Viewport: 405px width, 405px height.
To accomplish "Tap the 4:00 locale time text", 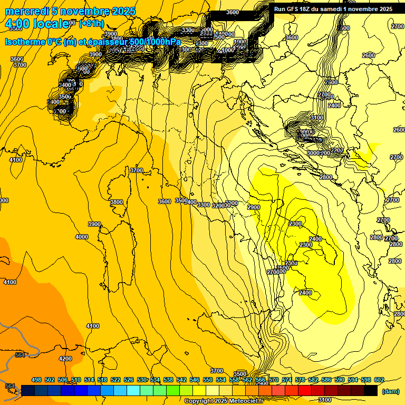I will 36,24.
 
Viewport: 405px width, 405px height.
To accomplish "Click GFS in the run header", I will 294,9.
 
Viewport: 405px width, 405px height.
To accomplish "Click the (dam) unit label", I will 390,391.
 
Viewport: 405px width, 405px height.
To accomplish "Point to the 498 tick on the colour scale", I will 36,380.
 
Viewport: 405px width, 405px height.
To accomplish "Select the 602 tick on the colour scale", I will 379,380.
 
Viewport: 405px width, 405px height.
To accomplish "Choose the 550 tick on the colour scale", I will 208,380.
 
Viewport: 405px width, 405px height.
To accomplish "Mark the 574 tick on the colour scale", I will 287,380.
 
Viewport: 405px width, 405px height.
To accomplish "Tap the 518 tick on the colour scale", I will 102,380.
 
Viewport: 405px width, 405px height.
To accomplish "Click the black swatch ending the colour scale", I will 370,390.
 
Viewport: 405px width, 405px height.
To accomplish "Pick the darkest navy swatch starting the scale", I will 28,390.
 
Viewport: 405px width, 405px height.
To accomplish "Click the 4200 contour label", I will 65,359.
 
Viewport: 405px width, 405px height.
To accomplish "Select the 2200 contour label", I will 336,150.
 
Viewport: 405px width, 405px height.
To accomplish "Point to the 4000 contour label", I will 82,237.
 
